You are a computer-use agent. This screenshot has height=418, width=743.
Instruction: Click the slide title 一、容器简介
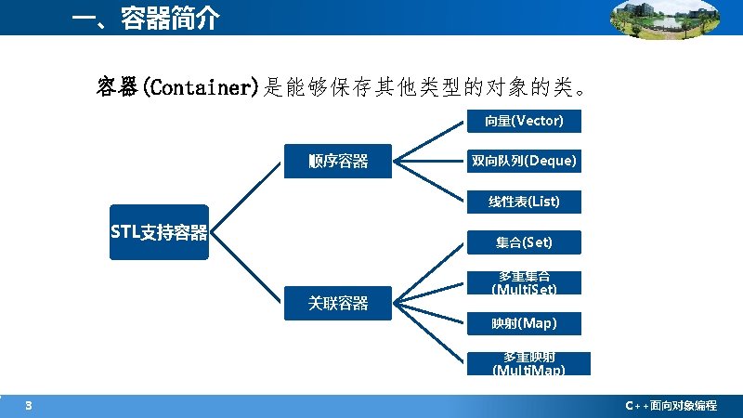[x=148, y=18]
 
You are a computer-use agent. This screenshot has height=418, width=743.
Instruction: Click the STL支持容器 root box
[x=159, y=232]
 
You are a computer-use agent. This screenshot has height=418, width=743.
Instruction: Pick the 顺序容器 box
[x=338, y=162]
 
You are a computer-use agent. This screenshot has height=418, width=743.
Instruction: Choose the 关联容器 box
[x=338, y=303]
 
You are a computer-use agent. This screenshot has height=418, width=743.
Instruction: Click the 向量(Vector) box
[x=524, y=121]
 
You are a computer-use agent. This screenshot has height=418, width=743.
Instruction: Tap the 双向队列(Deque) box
[x=524, y=162]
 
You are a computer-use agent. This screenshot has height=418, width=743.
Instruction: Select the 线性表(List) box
[x=524, y=202]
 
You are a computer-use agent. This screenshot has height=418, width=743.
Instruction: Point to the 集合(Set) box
[x=524, y=242]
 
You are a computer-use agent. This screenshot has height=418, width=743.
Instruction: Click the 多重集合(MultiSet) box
[x=524, y=282]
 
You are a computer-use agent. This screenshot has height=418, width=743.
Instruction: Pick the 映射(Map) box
[x=524, y=323]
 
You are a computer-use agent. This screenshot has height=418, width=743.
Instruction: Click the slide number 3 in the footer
[x=29, y=405]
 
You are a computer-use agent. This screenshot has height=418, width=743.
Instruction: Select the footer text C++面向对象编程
[x=671, y=406]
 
